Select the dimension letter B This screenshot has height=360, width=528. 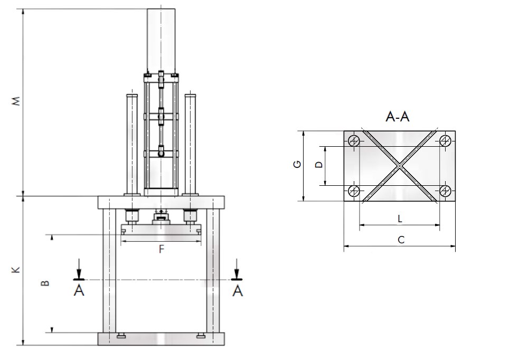pyautogui.click(x=46, y=283)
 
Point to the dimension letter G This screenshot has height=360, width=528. pyautogui.click(x=298, y=165)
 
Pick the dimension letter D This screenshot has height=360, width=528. pyautogui.click(x=318, y=165)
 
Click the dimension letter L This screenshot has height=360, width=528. pyautogui.click(x=400, y=218)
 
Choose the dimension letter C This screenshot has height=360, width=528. pyautogui.click(x=401, y=240)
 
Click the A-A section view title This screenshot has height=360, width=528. pyautogui.click(x=398, y=117)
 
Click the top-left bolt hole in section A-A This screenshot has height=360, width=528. pyautogui.click(x=354, y=140)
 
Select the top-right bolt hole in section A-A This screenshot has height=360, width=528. pyautogui.click(x=445, y=140)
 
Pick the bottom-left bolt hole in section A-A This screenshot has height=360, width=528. pyautogui.click(x=354, y=191)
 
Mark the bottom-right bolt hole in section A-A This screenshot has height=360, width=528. pyautogui.click(x=445, y=191)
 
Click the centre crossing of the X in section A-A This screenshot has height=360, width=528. pyautogui.click(x=400, y=165)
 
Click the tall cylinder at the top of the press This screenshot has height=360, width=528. pyautogui.click(x=161, y=40)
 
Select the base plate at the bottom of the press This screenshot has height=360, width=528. pyautogui.click(x=161, y=339)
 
